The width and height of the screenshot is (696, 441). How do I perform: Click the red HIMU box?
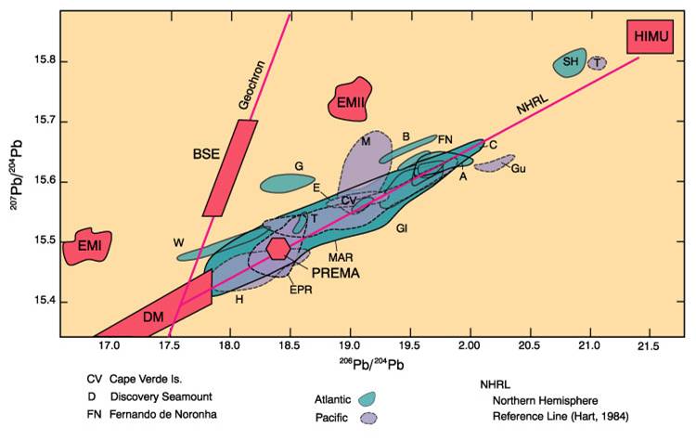(x=650, y=36)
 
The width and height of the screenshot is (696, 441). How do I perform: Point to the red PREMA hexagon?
(x=279, y=248)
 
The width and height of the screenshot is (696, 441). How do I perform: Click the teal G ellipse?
(x=289, y=182)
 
